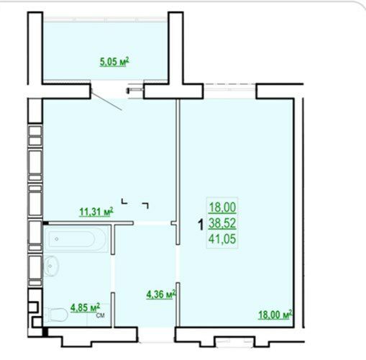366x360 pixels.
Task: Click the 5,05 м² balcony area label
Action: click(114, 62)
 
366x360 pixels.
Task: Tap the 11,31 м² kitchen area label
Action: click(96, 212)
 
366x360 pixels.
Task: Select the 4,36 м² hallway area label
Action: click(161, 294)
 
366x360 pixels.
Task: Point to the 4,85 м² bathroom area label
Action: click(85, 307)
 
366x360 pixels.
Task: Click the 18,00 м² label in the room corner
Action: click(275, 315)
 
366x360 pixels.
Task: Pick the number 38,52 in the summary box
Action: click(222, 223)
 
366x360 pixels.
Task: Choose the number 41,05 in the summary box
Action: click(222, 239)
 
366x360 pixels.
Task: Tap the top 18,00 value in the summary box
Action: click(222, 207)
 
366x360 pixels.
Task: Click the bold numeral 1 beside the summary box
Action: click(201, 225)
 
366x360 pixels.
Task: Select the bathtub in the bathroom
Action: click(76, 239)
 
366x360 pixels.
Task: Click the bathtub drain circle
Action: click(57, 239)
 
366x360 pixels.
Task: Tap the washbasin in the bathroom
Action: click(51, 266)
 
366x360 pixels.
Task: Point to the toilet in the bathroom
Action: click(56, 315)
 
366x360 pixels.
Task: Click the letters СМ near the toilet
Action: click(101, 315)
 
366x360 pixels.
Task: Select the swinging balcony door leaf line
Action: click(106, 101)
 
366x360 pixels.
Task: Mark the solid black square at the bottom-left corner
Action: click(45, 332)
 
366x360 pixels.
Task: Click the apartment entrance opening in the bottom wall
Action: click(156, 335)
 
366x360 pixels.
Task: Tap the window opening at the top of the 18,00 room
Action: click(230, 91)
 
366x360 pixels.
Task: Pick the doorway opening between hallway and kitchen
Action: click(152, 223)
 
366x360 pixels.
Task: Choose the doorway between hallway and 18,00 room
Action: click(178, 264)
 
